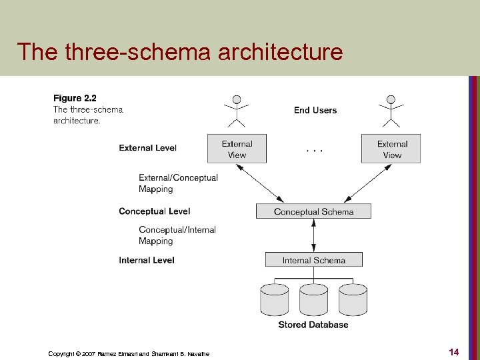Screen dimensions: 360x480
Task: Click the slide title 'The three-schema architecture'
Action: [x=180, y=51]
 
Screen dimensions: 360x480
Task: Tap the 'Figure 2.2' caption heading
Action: [x=75, y=99]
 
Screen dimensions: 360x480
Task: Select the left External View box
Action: [x=237, y=149]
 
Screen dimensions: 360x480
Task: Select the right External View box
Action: [x=391, y=149]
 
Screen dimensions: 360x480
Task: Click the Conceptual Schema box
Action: [x=313, y=211]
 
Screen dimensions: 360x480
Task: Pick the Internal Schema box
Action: [x=313, y=260]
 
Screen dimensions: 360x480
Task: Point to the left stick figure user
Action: [x=237, y=110]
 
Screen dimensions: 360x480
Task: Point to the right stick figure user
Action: [x=391, y=110]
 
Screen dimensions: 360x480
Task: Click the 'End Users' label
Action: [x=315, y=110]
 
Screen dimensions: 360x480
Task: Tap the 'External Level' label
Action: [x=148, y=148]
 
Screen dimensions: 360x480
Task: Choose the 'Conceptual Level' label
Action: [x=155, y=211]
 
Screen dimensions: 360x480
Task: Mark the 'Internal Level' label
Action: [x=147, y=260]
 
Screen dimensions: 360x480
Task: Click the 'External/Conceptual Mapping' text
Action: [x=178, y=183]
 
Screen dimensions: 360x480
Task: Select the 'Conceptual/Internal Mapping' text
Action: [x=177, y=235]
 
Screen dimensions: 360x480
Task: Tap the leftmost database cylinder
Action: [x=275, y=299]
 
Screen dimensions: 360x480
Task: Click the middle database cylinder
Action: [x=313, y=299]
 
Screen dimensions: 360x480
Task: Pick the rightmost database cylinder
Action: [x=353, y=299]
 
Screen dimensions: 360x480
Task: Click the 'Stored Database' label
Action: [x=313, y=325]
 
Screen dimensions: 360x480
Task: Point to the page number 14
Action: [x=454, y=351]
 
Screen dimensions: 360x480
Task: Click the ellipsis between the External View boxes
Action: [x=315, y=151]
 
